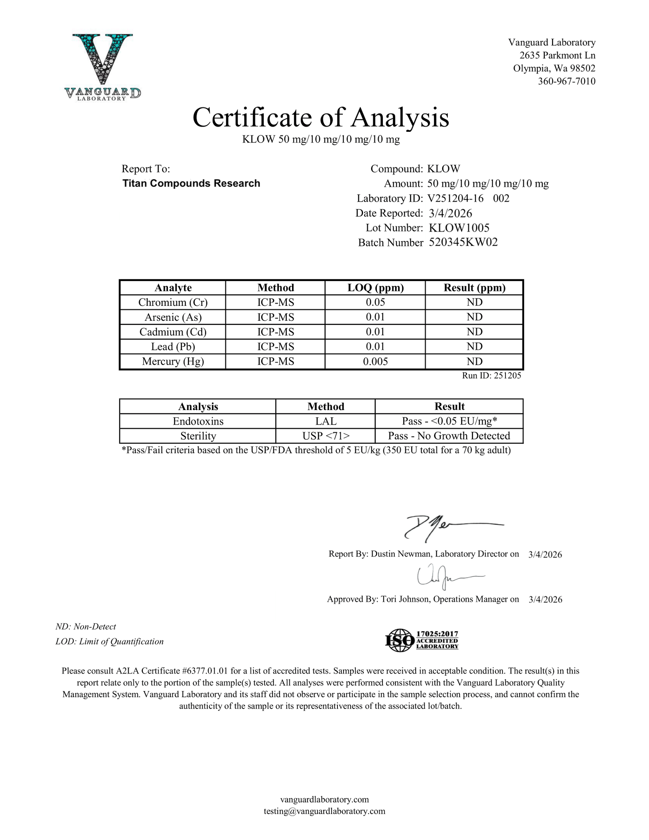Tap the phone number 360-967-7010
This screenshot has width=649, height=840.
[566, 81]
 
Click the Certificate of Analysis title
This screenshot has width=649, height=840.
[320, 118]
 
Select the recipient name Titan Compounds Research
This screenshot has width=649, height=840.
[191, 183]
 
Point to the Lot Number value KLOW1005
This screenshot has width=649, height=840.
[459, 228]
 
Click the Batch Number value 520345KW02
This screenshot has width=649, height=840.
[463, 242]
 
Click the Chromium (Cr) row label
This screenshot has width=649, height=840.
[173, 302]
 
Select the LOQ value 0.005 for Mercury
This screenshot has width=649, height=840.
[375, 361]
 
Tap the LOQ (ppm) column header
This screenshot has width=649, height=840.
[376, 288]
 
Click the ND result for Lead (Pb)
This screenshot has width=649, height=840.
[474, 346]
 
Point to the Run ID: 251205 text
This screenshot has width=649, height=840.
[491, 376]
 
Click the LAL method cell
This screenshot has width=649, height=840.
[326, 421]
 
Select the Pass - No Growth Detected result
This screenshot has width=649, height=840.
[449, 436]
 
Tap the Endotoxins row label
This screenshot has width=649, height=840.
[198, 421]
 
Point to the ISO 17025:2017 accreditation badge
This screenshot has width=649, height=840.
[421, 640]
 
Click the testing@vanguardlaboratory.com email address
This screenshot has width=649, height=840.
[324, 811]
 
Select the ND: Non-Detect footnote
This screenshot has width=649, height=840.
[86, 627]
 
